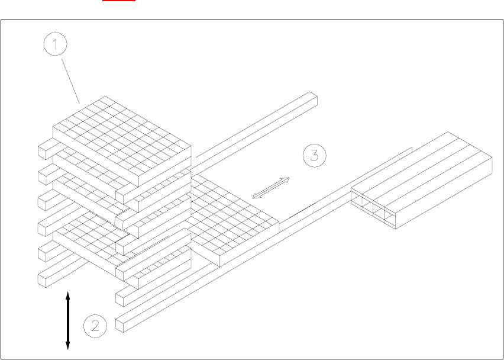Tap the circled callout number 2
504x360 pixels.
pyautogui.click(x=95, y=325)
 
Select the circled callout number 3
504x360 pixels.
pyautogui.click(x=314, y=156)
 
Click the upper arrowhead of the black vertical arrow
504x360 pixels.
pyautogui.click(x=68, y=294)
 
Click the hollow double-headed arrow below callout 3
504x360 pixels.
pyautogui.click(x=271, y=188)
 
